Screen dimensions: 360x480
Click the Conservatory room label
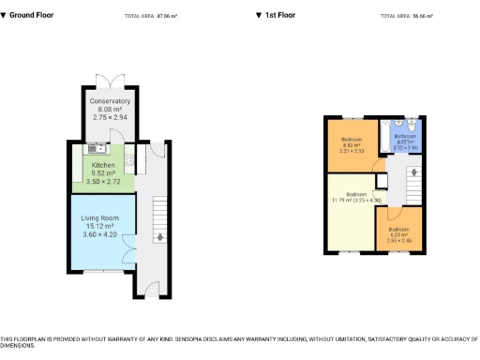pos(111,101)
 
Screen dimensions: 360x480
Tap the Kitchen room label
pos(103,165)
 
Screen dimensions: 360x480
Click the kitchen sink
pos(95,148)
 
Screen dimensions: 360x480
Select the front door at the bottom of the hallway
pos(152,292)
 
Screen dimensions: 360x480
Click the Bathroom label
pos(405,136)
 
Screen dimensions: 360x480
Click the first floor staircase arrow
pos(412,172)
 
